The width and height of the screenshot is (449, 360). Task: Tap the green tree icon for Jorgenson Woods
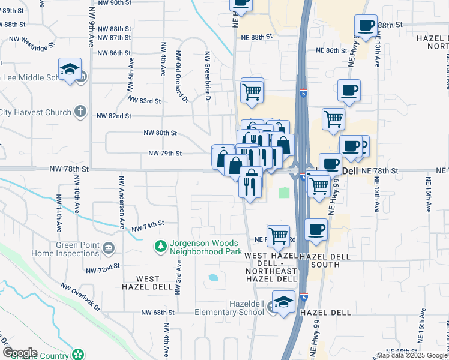click(160, 246)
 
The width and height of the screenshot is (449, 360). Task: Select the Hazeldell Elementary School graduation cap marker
click(284, 303)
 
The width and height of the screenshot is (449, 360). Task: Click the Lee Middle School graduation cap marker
click(70, 70)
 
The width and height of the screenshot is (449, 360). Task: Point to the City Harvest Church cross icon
click(80, 112)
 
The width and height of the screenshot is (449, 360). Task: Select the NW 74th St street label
click(148, 226)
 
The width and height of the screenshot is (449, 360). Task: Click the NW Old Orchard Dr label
click(180, 76)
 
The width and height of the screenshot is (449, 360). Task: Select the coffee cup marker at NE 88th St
click(366, 26)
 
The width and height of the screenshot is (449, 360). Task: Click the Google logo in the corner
click(20, 353)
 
